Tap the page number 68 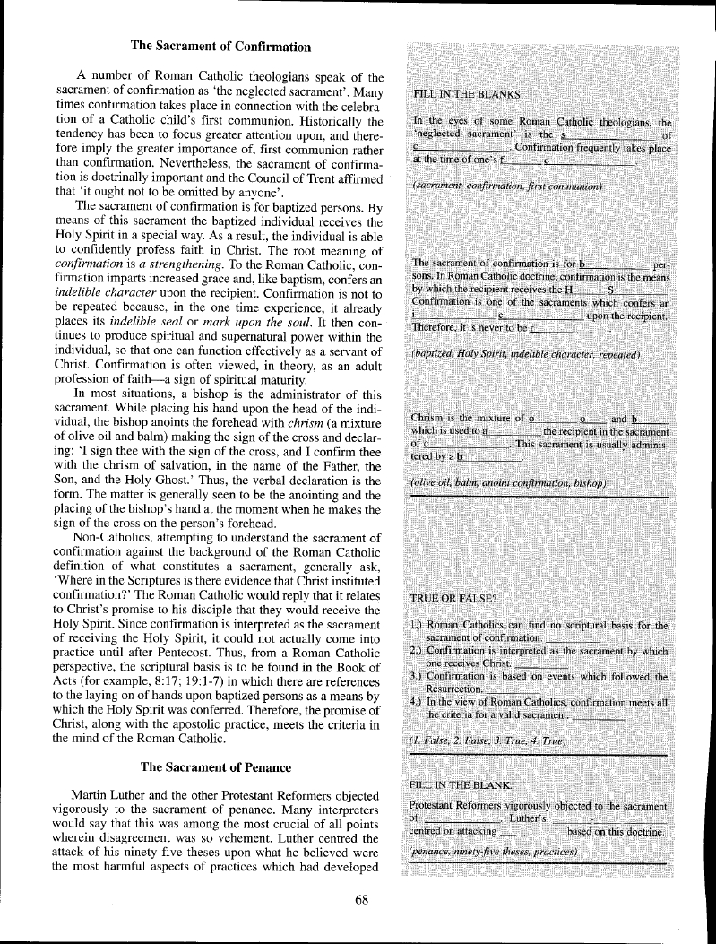[362, 901]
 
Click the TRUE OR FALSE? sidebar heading [453, 599]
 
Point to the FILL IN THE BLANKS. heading [470, 94]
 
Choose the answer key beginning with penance [490, 850]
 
